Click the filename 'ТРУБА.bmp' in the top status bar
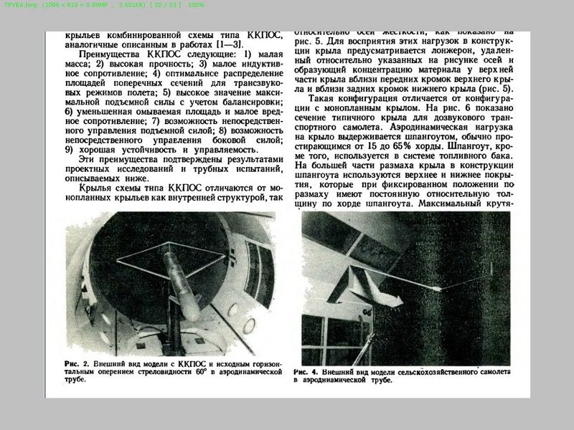20,5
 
